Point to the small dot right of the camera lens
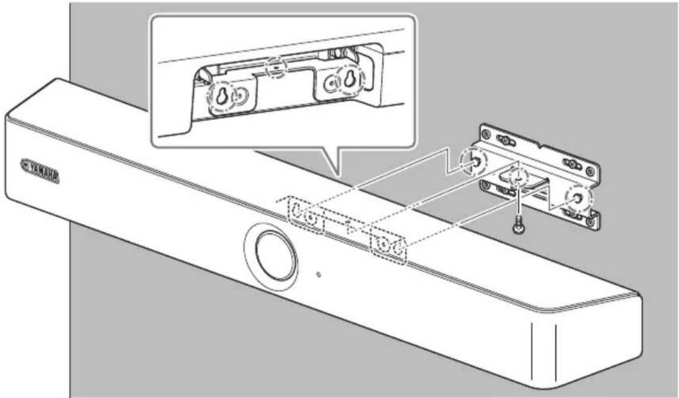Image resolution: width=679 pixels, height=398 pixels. pyautogui.click(x=319, y=274)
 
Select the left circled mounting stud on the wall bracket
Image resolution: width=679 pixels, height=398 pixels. pyautogui.click(x=475, y=161)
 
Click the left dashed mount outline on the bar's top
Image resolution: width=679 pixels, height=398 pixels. pyautogui.click(x=305, y=216)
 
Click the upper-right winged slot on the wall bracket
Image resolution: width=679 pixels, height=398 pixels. pyautogui.click(x=572, y=162)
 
